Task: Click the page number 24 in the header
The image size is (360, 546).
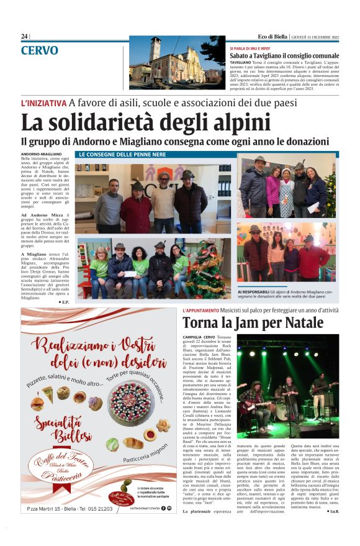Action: [24, 37]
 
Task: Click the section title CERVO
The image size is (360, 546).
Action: [39, 50]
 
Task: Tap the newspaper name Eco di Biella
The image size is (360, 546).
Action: [268, 37]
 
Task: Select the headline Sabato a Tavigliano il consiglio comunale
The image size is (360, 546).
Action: [285, 56]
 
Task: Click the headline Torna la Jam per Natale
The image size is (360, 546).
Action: [253, 323]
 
